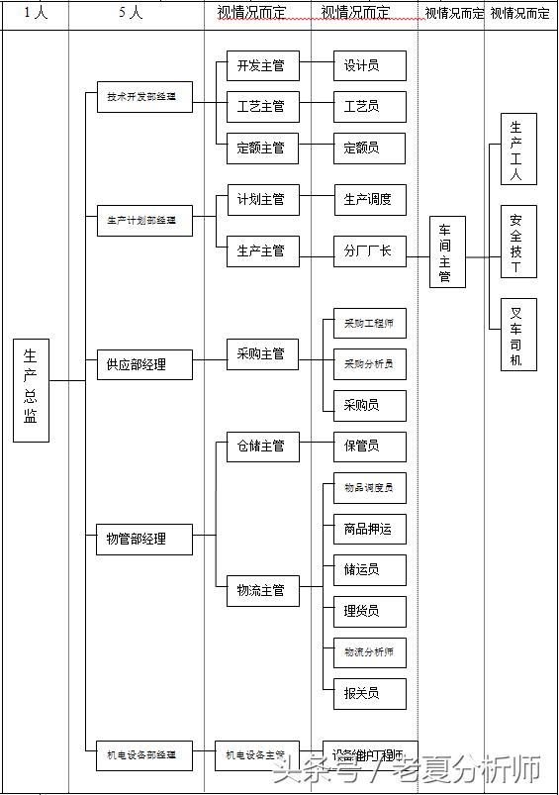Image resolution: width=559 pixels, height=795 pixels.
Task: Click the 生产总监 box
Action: pos(31,390)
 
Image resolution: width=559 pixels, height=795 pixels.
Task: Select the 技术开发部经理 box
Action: pos(144,97)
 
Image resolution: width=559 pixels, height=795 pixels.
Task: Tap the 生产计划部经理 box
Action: pos(144,220)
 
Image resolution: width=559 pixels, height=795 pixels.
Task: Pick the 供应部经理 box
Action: pos(144,364)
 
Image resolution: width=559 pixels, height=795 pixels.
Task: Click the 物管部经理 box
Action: pos(144,539)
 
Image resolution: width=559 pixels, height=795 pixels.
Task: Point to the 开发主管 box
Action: pos(262,66)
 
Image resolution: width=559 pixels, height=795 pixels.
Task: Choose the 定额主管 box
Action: pos(262,148)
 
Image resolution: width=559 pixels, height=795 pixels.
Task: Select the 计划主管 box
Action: pos(262,199)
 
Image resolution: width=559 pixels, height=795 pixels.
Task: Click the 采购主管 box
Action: pos(262,353)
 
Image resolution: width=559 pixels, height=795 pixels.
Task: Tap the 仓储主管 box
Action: pos(262,447)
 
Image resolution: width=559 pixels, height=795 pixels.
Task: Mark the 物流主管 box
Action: pos(262,590)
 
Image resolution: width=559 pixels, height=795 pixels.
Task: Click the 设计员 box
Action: pos(369,66)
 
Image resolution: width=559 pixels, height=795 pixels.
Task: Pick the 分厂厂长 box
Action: pos(369,250)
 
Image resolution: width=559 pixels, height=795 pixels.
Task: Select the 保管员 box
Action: pos(369,447)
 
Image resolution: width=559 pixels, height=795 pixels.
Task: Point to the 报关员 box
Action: pos(369,693)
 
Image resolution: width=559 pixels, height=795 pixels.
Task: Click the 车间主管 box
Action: pos(447,252)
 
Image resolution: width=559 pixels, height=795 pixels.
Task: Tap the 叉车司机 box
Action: pos(518,334)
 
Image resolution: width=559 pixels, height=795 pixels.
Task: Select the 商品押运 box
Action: pos(369,529)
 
